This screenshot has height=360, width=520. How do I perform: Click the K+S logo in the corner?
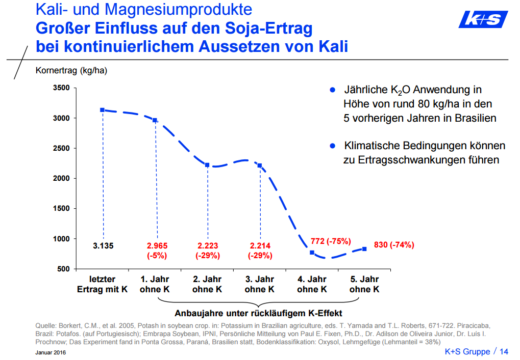[x=483, y=20]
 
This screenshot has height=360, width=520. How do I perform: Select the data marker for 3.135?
[x=103, y=110]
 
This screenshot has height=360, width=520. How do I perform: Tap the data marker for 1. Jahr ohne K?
[x=155, y=120]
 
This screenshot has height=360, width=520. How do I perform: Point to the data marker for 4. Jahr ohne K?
[x=312, y=253]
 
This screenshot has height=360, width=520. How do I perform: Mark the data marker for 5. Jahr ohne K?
[x=364, y=249]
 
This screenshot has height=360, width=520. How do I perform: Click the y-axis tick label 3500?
[x=61, y=88]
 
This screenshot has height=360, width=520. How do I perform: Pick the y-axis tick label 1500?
[x=61, y=209]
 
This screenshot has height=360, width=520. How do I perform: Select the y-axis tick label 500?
[x=63, y=269]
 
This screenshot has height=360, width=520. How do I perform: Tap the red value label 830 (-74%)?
[x=394, y=245]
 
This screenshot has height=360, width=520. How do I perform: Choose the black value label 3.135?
[x=103, y=246]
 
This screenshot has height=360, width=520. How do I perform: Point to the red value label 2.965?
[x=155, y=246]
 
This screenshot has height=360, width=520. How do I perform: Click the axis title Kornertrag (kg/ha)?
[x=71, y=70]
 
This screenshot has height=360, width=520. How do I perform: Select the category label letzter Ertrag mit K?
[x=103, y=284]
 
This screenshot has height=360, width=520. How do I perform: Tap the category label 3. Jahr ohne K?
[x=259, y=284]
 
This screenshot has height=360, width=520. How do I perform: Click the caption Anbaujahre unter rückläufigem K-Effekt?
[x=259, y=313]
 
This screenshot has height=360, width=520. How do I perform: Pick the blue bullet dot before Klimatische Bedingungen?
[x=333, y=146]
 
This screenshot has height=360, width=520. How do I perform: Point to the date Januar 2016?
[x=51, y=352]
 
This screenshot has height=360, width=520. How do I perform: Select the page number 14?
[x=504, y=351]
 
